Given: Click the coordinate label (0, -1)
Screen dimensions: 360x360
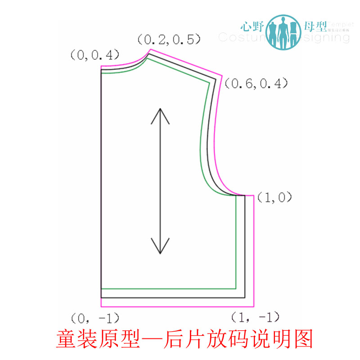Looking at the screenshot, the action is coord(95,318).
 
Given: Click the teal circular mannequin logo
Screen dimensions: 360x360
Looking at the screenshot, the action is coord(283,31).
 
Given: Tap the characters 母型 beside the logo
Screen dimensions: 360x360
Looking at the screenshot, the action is coord(315,27).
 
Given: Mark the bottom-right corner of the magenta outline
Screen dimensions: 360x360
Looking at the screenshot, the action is coord(254,306).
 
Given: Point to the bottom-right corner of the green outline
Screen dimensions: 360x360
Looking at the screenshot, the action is coord(236,288).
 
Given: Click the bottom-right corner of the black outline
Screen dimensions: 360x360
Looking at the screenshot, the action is coord(245,297).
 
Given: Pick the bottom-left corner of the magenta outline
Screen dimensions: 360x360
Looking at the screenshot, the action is coord(101,306).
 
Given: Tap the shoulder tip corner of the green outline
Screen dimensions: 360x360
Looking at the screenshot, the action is coord(211,81).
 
